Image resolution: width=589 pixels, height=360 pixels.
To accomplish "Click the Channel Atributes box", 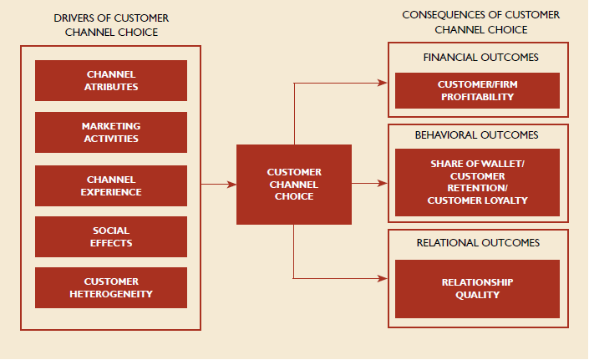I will pos(111,80).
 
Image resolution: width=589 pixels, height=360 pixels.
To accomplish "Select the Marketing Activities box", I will pos(111,132).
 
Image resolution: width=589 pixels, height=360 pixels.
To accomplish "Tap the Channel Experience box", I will pos(111,185).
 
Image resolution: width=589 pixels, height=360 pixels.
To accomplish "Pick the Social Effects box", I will pos(111,237).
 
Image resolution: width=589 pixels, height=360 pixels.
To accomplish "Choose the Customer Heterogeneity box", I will pos(111,287).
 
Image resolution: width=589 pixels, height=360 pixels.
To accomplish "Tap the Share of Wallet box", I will pos(477,182).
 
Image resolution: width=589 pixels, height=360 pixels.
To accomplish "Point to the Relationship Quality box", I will pos(476,288).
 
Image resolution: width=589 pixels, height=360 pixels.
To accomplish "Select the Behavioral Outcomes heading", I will pos(476,134).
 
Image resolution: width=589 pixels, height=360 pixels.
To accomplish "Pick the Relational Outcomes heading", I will pos(477,243).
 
